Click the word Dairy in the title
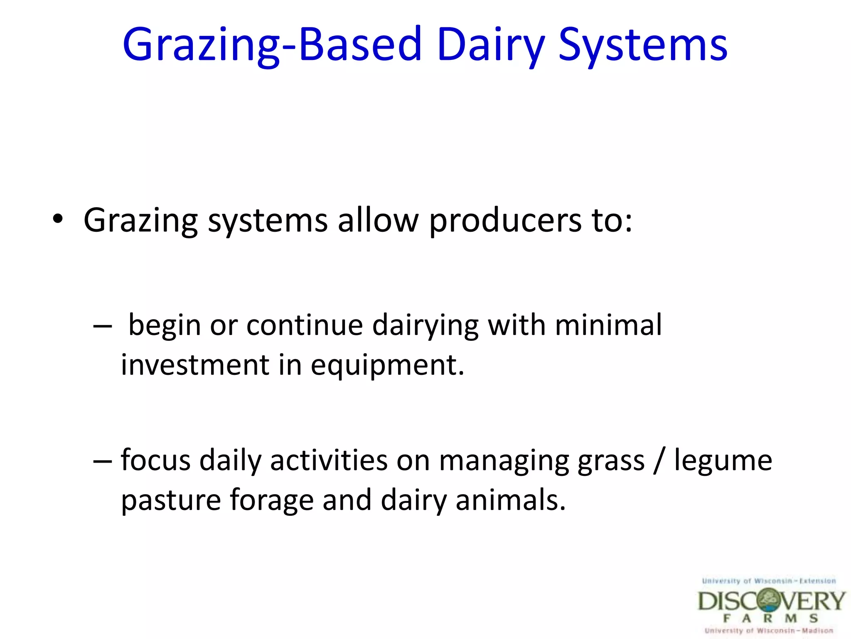click(490, 45)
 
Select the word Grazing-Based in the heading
click(272, 45)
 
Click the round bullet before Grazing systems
click(58, 219)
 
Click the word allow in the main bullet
click(378, 220)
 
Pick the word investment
click(195, 365)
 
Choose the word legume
click(723, 461)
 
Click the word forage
click(272, 501)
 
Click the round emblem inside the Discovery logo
click(769, 601)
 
